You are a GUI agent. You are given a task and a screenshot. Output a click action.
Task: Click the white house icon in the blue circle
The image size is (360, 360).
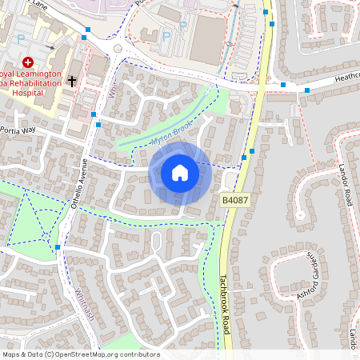tap(180, 173)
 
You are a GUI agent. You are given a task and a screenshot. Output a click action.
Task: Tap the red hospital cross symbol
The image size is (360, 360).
tap(27, 62)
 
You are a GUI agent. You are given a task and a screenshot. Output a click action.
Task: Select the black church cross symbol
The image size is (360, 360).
tap(72, 81)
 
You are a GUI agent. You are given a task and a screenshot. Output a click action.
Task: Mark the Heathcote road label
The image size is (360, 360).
tap(340, 80)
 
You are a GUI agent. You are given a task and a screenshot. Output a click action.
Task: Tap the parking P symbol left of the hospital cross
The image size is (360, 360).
tap(7, 62)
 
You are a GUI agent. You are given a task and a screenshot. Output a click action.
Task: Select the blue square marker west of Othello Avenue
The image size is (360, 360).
tap(58, 247)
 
